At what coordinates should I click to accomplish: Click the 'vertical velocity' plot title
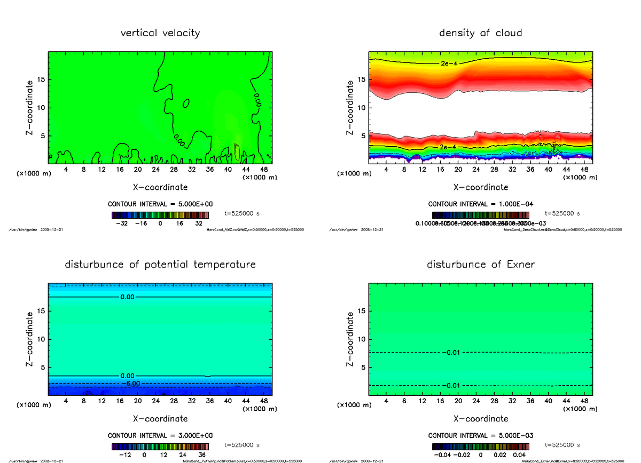tap(160, 33)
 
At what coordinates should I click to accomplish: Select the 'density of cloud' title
tap(480, 33)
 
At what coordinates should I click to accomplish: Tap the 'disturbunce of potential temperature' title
tap(160, 265)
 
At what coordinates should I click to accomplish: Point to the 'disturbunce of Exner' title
tap(480, 265)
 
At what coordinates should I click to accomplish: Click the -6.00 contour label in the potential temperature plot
tap(130, 384)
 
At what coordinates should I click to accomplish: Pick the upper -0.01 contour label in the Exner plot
tap(452, 353)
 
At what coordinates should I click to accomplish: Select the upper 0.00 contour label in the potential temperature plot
tap(128, 297)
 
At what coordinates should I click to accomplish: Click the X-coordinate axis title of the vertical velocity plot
tap(160, 187)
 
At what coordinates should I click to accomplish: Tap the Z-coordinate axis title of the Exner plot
tap(350, 339)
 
